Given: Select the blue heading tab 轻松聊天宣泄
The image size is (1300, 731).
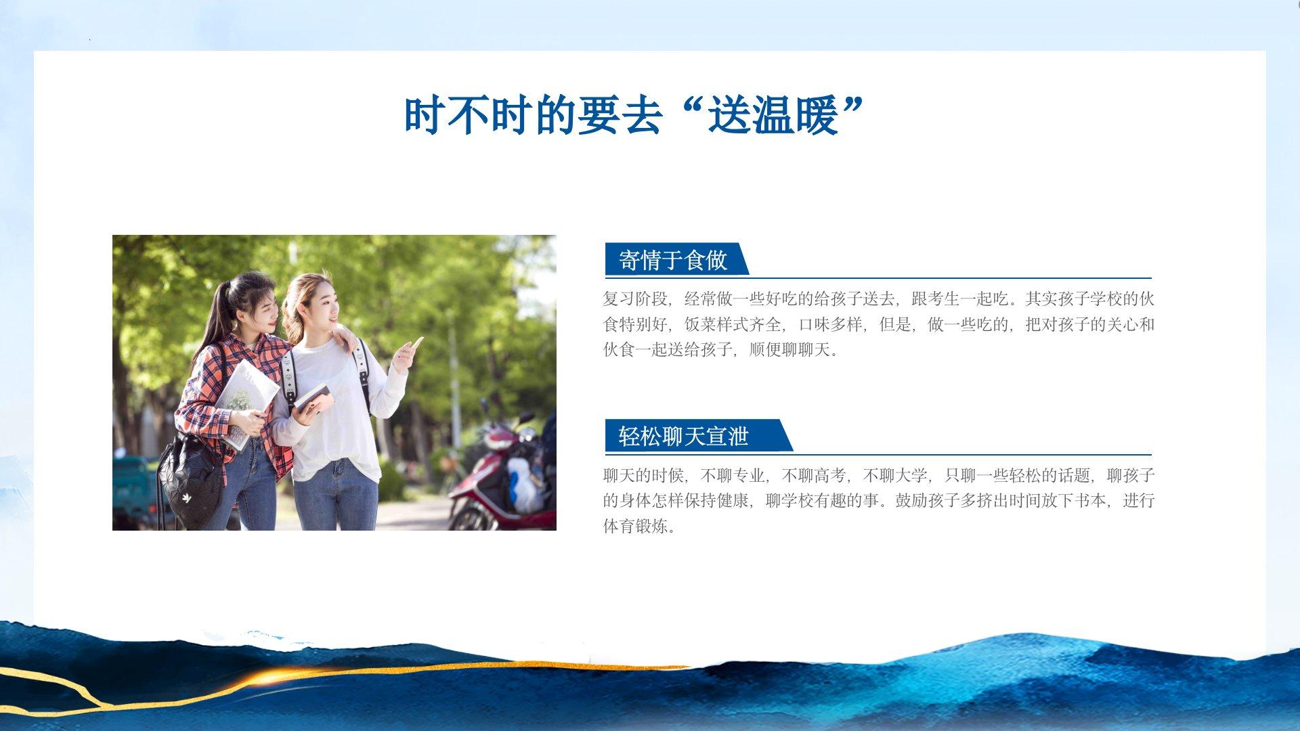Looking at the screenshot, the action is (697, 436).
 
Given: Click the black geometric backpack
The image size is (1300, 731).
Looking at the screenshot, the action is (190, 480).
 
